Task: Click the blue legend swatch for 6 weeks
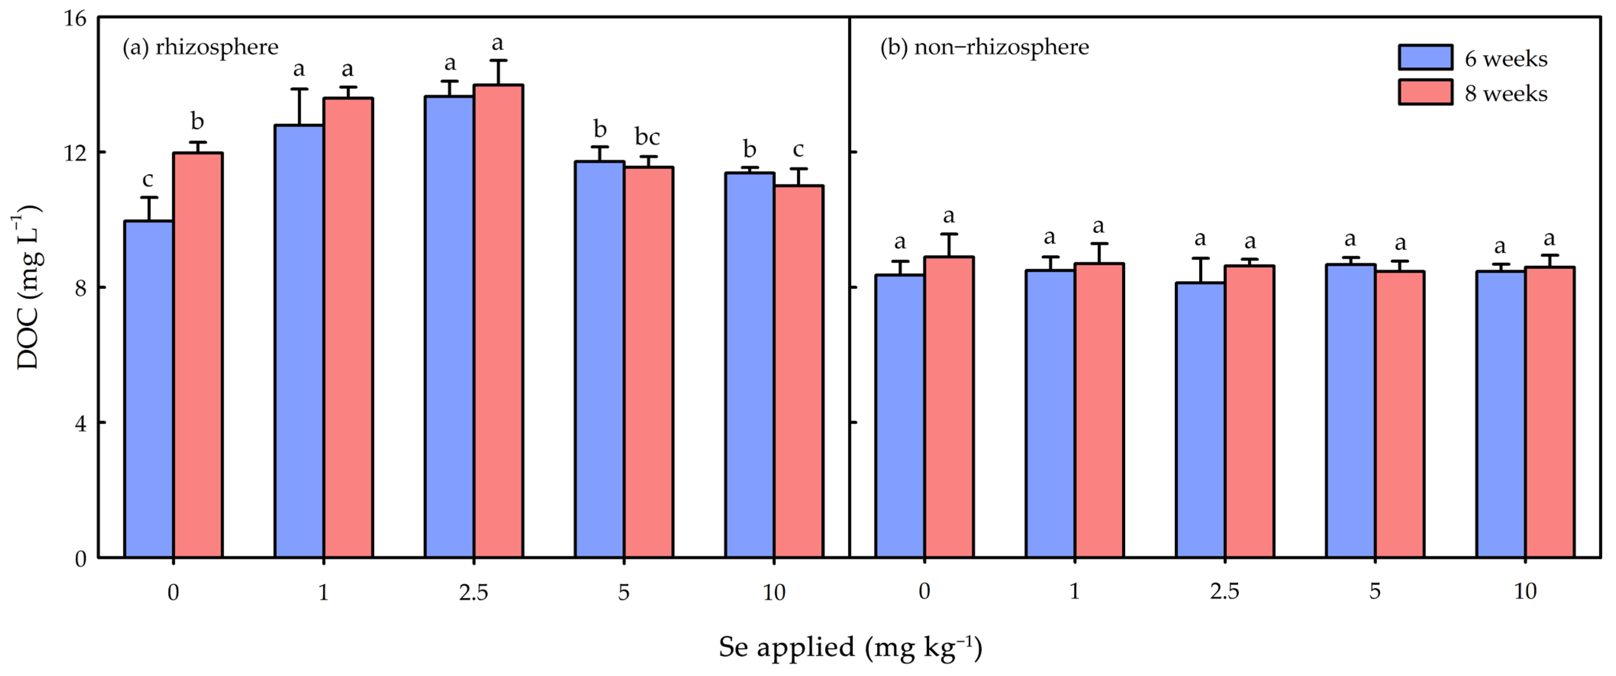(1425, 58)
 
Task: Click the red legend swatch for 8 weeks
(1425, 92)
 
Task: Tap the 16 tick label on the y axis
(75, 19)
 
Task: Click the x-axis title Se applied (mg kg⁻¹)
(850, 647)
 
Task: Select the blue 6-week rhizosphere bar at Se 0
(149, 389)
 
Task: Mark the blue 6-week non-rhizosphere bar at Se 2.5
(1200, 420)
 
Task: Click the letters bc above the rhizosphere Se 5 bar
(647, 137)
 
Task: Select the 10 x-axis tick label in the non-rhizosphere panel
(1525, 591)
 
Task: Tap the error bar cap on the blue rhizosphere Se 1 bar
(299, 89)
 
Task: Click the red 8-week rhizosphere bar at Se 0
(198, 355)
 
